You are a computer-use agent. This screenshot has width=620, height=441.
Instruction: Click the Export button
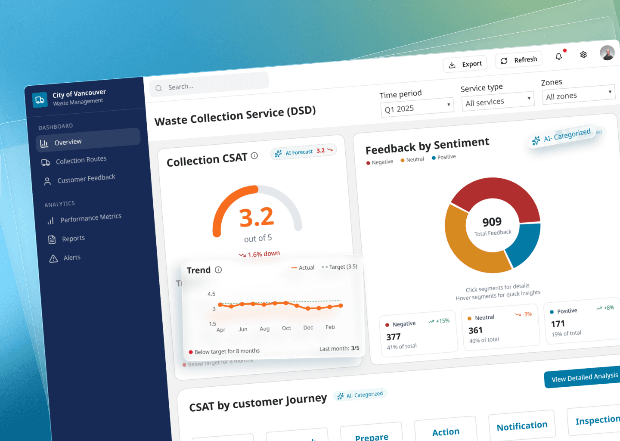click(465, 64)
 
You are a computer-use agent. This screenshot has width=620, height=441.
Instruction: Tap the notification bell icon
click(559, 56)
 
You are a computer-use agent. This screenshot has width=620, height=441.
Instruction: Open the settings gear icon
click(583, 55)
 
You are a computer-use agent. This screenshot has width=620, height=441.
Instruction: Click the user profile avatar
click(608, 53)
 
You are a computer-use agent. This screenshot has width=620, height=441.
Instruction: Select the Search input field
click(209, 86)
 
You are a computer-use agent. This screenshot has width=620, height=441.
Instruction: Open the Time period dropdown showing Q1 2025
click(417, 107)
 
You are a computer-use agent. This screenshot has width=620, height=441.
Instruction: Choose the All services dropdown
click(498, 101)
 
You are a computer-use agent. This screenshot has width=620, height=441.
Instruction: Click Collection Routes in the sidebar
click(81, 160)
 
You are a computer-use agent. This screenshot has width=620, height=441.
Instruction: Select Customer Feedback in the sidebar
click(86, 178)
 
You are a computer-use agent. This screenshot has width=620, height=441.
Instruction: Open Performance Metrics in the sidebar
click(90, 218)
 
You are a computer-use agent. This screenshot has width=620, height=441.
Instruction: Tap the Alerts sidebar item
click(71, 258)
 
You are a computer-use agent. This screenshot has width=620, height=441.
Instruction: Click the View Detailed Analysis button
click(584, 377)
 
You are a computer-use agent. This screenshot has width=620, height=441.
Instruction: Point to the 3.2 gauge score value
click(257, 217)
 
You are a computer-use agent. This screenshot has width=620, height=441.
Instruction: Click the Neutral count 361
click(475, 330)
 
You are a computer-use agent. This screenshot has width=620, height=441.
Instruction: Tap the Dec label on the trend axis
click(308, 328)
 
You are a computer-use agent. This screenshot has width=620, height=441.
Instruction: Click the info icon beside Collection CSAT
click(254, 155)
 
